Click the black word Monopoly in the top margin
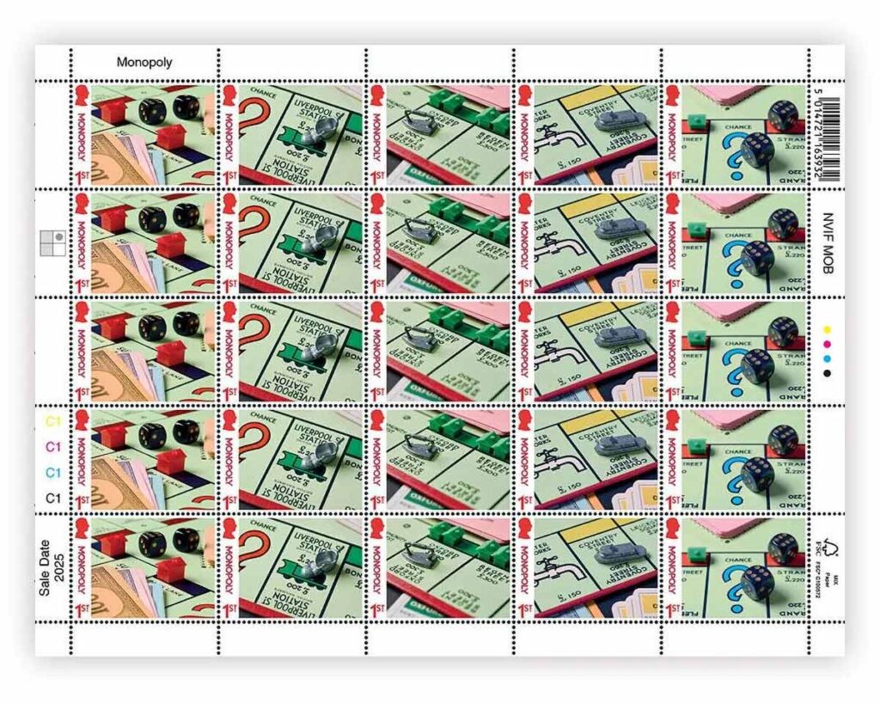pos(144,63)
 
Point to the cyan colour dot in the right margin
pos(828,358)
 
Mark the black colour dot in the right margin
pos(828,373)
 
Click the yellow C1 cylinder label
pos(53,421)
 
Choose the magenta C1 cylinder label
pos(53,447)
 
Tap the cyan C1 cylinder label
pos(53,473)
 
